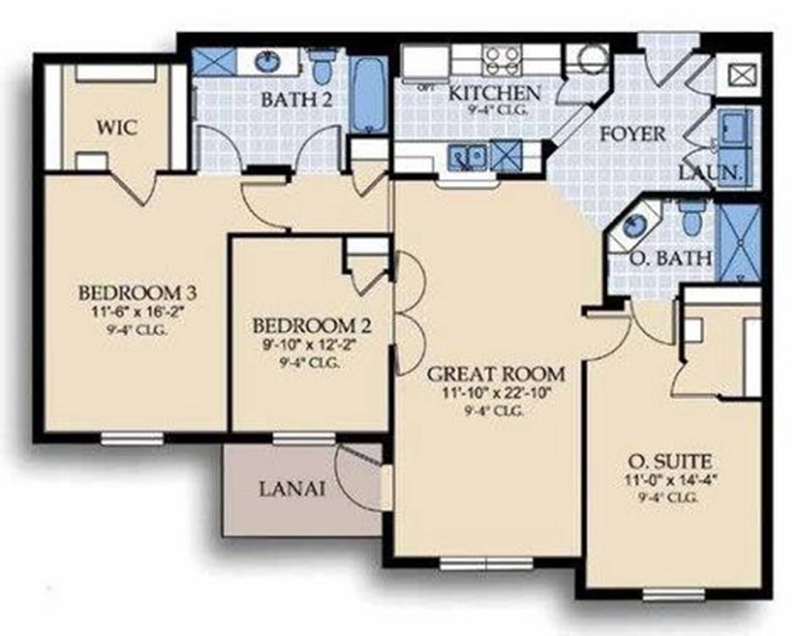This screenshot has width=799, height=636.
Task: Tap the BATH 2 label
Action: tap(297, 100)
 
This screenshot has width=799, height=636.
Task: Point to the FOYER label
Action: tap(633, 134)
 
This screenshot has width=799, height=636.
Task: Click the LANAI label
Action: tap(292, 490)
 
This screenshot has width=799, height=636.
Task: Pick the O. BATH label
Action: tap(671, 259)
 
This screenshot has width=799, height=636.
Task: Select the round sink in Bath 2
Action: tap(266, 62)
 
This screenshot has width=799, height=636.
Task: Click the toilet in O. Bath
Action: tap(690, 221)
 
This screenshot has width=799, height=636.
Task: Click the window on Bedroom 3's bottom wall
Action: tap(132, 439)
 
